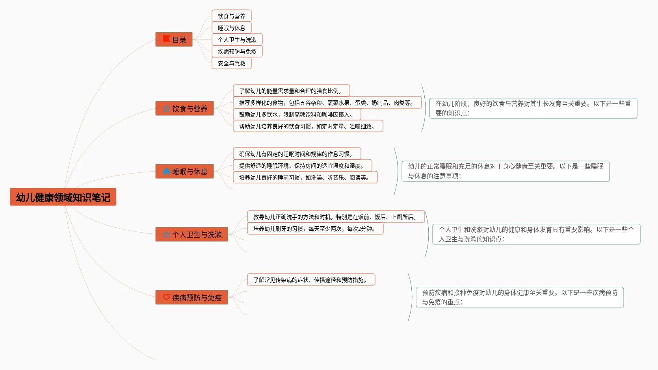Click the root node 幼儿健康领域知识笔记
pos(63,197)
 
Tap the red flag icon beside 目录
pos(166,39)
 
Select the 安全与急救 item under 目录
pos(232,63)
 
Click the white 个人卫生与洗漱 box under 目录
pos(237,40)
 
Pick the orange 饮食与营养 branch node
pos(184,109)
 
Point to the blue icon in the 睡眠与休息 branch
pos(166,172)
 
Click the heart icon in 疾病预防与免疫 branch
pos(166,298)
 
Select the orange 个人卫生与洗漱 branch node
pos(191,235)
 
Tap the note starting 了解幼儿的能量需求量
pos(291,91)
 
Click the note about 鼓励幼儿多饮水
pos(297,115)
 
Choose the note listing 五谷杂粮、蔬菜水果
pos(327,103)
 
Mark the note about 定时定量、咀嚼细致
pos(308,126)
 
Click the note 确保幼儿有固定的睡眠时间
pos(297,154)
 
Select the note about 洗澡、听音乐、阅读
pos(305,178)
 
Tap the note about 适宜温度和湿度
pos(302,166)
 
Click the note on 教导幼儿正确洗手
pos(336,217)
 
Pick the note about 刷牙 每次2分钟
pos(315,229)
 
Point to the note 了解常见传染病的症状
pos(311,280)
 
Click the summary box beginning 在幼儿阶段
pos(533,108)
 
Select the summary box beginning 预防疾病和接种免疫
pos(520,297)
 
